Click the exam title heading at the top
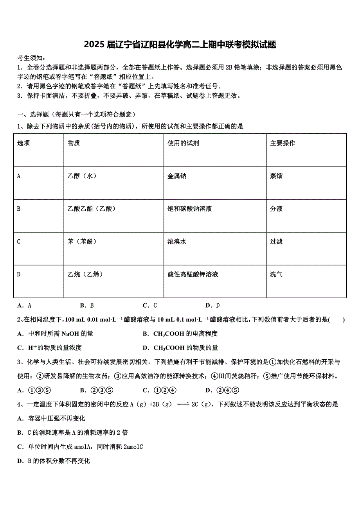180,45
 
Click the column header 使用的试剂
183,143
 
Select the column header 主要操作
283,143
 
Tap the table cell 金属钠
177,176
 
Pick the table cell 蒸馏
276,176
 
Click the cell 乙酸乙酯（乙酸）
92,209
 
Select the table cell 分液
276,209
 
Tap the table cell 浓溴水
177,242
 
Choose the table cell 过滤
276,242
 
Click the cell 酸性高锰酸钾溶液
193,274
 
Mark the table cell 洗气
276,274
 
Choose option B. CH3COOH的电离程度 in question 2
180,333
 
